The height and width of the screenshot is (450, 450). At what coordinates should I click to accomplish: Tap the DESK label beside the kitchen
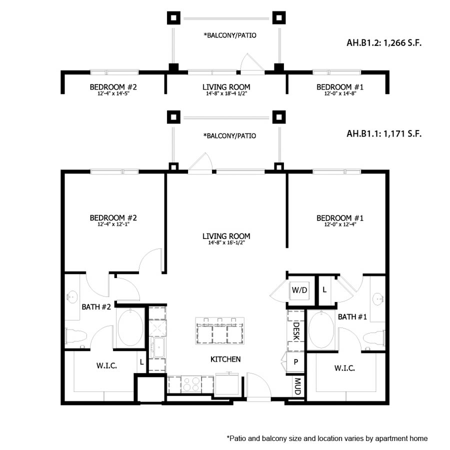pos(295,331)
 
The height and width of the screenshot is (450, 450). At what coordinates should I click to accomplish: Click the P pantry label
pos(296,362)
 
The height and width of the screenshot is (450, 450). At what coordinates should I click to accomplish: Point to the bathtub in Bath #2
pos(130,328)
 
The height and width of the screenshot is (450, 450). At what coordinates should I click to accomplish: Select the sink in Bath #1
pos(377,299)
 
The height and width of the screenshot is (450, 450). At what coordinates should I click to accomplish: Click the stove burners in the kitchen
pos(191,384)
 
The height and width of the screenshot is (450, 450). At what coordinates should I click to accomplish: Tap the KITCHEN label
pos(225,359)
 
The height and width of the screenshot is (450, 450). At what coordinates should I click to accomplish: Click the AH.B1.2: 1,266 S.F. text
pos(383,43)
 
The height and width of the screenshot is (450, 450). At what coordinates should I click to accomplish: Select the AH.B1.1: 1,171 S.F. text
pos(383,134)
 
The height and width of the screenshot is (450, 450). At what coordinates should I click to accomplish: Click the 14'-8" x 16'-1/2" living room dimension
pos(226,243)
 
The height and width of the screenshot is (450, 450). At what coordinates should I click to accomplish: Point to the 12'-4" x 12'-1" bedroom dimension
pos(113,224)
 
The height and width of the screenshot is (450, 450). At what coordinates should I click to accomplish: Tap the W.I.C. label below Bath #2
pos(106,366)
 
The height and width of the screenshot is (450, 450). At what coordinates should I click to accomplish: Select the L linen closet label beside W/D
pos(324,289)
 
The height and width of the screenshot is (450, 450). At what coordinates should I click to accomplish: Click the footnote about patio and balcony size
pos(327,438)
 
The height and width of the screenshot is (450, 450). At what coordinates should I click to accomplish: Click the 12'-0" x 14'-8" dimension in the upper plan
pos(340,93)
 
